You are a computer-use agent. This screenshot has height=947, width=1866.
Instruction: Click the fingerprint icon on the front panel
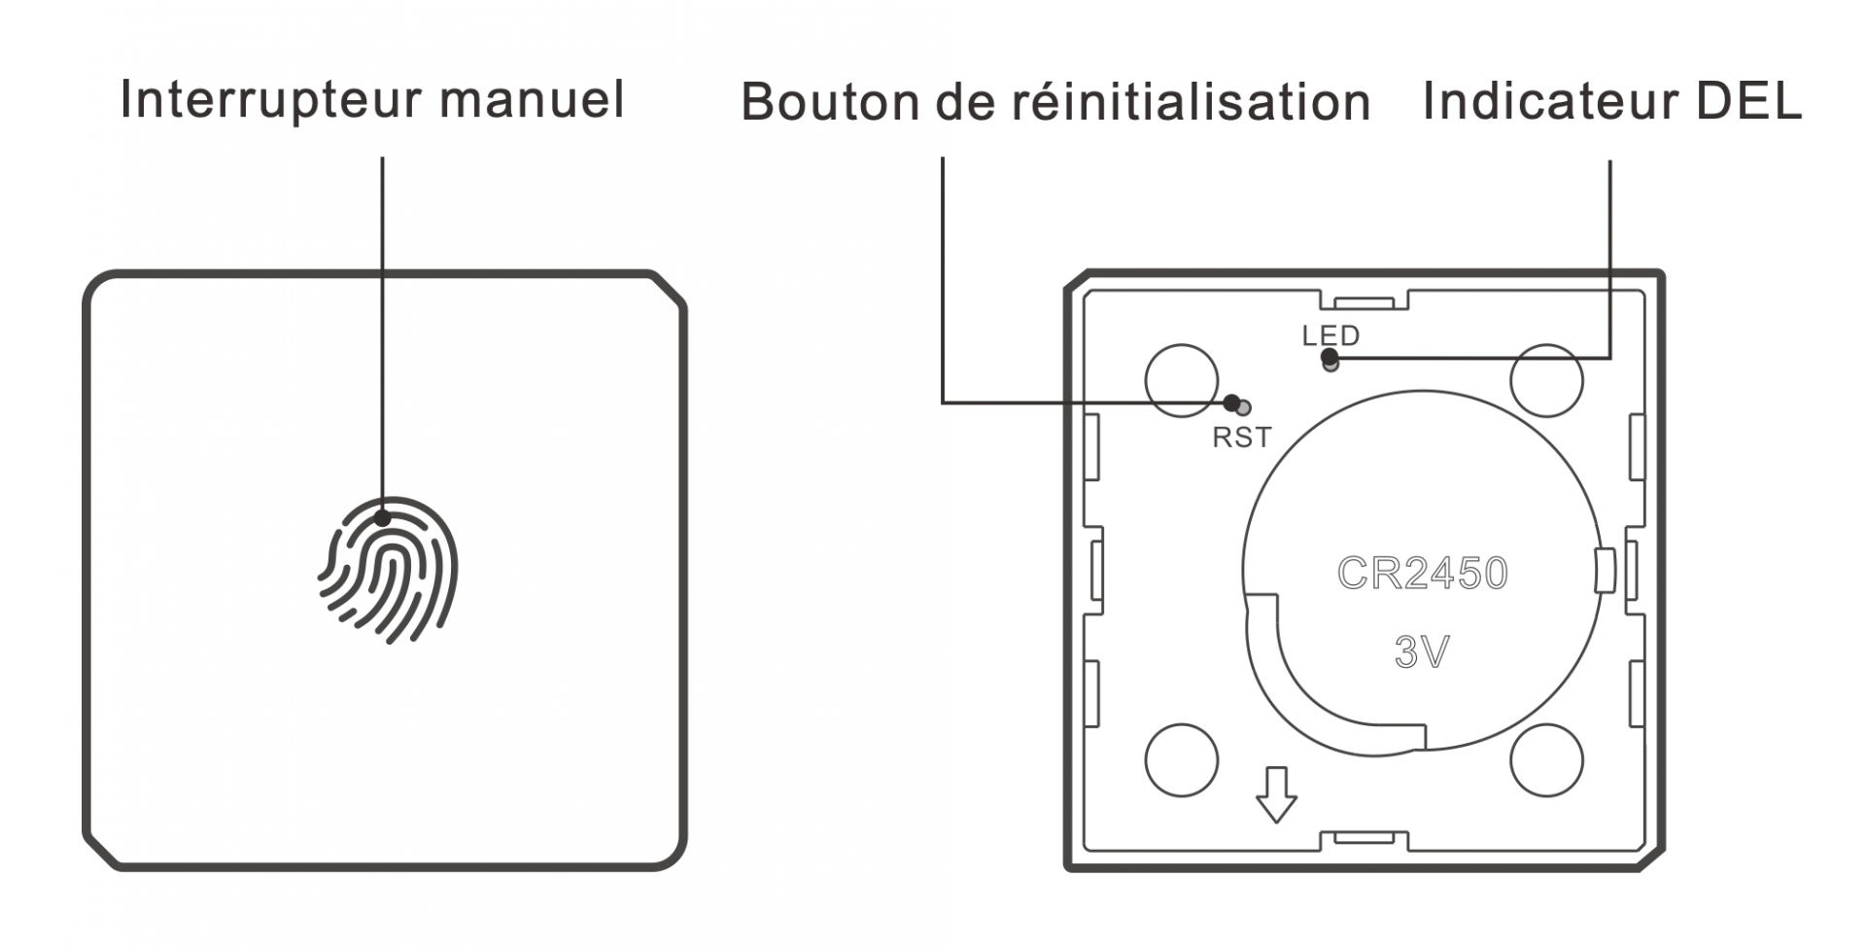(x=388, y=570)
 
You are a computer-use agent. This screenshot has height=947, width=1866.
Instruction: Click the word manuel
(x=532, y=100)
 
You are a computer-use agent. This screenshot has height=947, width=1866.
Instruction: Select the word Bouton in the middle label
(x=830, y=102)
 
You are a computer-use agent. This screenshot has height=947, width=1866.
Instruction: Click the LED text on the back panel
(x=1330, y=336)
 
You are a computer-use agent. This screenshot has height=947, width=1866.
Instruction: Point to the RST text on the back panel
(x=1241, y=438)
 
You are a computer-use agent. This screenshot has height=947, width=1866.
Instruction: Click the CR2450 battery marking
(x=1422, y=574)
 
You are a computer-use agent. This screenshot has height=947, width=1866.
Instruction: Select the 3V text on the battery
(x=1422, y=652)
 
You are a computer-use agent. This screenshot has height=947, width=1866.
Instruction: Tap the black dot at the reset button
(x=1231, y=403)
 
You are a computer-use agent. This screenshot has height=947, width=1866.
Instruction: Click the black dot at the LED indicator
(x=1329, y=357)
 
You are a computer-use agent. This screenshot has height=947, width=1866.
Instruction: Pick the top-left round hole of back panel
(x=1181, y=380)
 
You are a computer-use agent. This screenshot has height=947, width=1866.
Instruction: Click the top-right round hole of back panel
(x=1546, y=380)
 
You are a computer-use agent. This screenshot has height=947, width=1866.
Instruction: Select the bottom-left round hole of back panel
(x=1181, y=759)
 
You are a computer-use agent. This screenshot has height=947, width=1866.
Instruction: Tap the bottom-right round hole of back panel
(x=1546, y=759)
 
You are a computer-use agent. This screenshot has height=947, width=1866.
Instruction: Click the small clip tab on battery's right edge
(x=1606, y=570)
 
